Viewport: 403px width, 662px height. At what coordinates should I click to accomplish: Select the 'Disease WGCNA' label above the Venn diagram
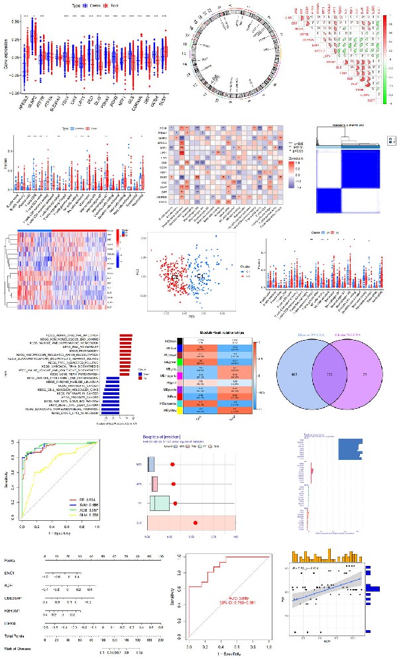314,335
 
